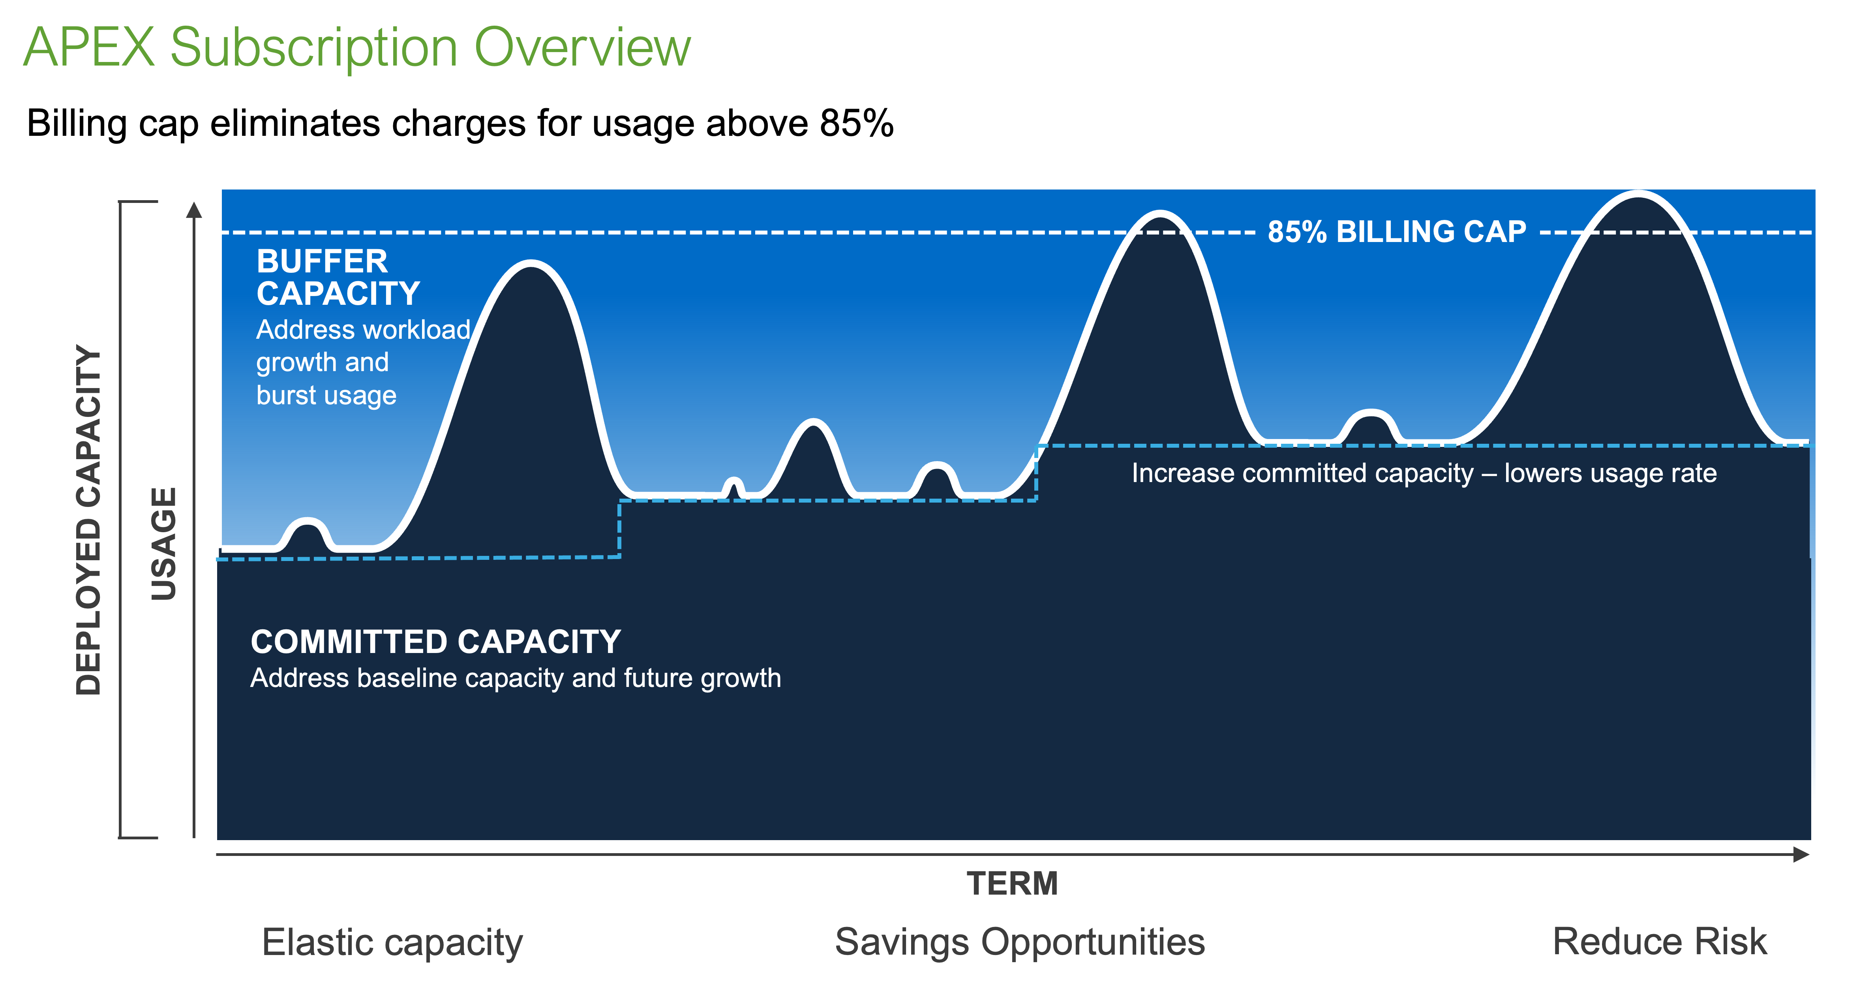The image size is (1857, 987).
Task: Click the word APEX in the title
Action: (89, 48)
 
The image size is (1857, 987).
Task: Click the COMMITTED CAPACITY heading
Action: (435, 642)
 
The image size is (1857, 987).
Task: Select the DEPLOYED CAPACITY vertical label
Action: (89, 520)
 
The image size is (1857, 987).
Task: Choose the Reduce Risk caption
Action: (1660, 942)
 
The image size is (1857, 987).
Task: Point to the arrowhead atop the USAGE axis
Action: (194, 209)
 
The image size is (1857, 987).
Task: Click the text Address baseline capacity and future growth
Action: (516, 678)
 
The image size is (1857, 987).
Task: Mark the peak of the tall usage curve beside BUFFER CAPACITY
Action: (531, 263)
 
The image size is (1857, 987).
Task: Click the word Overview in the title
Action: (582, 48)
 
